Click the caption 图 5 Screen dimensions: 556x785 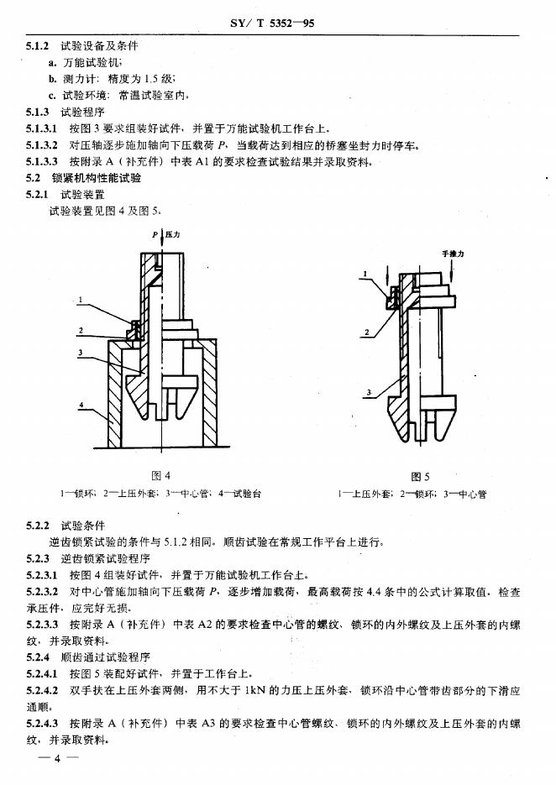tap(421, 476)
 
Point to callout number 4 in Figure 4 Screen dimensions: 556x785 tap(81, 406)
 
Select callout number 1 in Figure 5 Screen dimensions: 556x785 tap(365, 274)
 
